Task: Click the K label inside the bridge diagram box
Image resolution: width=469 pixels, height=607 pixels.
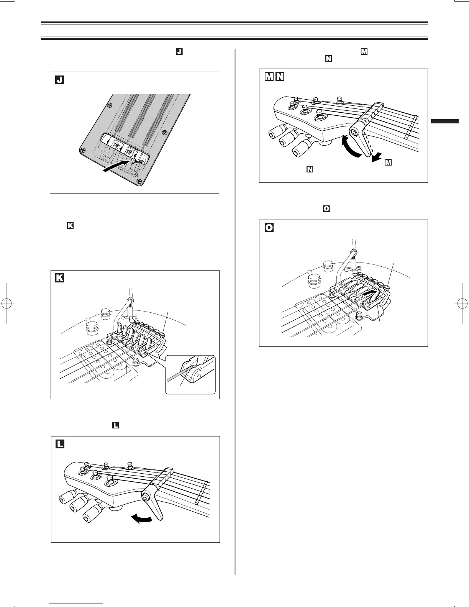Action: coord(59,278)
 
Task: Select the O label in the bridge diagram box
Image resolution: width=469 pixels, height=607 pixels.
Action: coord(269,228)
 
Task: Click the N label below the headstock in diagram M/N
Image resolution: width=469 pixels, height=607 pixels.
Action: coord(309,169)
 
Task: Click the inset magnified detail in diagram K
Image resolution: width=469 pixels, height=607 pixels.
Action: coord(190,374)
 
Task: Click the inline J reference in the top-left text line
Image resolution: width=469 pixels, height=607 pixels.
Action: coord(179,51)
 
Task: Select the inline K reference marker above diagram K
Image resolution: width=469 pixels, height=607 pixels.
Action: coord(70,226)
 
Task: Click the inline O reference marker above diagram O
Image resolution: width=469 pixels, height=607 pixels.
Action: coord(326,209)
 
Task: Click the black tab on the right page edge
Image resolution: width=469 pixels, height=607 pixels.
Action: coord(444,121)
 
